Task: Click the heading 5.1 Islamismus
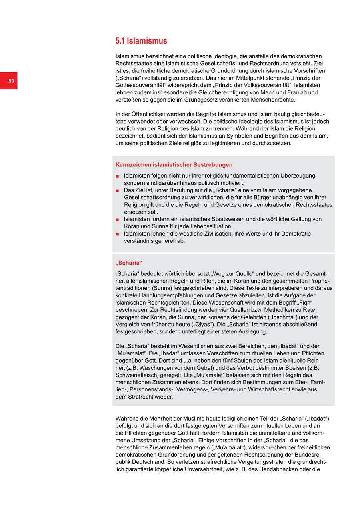pyautogui.click(x=141, y=41)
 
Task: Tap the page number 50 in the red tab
pyautogui.click(x=11, y=81)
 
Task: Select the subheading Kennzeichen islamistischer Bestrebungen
pyautogui.click(x=174, y=165)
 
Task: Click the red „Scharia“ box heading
pyautogui.click(x=129, y=263)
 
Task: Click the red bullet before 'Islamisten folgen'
pyautogui.click(x=118, y=176)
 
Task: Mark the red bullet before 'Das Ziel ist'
pyautogui.click(x=118, y=190)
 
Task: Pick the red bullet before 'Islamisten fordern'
pyautogui.click(x=118, y=220)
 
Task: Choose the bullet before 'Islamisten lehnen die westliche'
pyautogui.click(x=118, y=234)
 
